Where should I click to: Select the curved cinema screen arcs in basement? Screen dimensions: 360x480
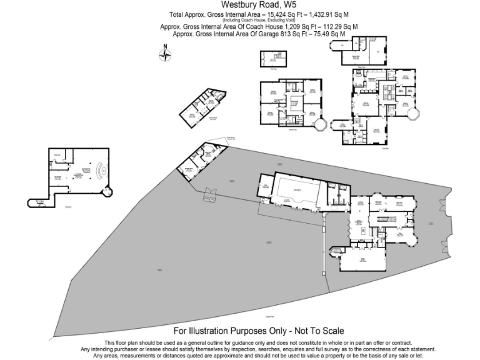pyautogui.click(x=103, y=170)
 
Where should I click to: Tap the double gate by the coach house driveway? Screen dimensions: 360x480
pyautogui.click(x=207, y=196)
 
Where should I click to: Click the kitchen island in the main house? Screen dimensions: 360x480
pyautogui.click(x=361, y=232)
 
